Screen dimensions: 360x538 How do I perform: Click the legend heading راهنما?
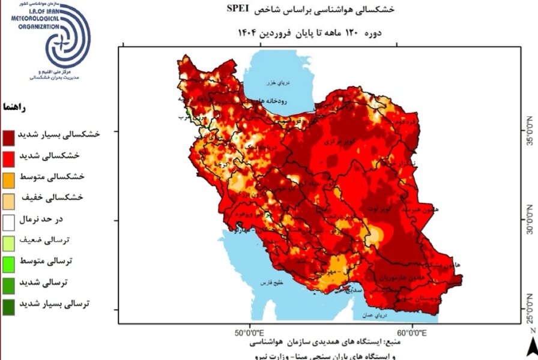pyautogui.click(x=14, y=107)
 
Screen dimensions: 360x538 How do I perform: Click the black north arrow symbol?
pyautogui.click(x=532, y=346)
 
